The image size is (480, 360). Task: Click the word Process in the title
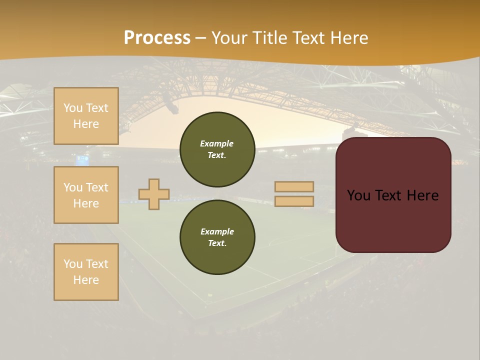(x=157, y=38)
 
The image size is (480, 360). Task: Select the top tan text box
(x=86, y=116)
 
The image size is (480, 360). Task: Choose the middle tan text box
(x=86, y=195)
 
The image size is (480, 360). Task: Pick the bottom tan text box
(x=86, y=272)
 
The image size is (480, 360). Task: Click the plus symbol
(x=154, y=194)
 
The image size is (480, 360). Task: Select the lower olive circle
(x=217, y=237)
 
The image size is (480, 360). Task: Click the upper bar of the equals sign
(x=294, y=186)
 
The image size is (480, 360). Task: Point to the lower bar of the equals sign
(x=294, y=201)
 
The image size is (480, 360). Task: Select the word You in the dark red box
(x=359, y=195)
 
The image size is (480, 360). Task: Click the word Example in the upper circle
(x=217, y=143)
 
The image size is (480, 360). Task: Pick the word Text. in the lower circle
(x=217, y=243)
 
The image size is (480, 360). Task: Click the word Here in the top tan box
(x=86, y=124)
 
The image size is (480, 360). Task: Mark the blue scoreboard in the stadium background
(x=82, y=160)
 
